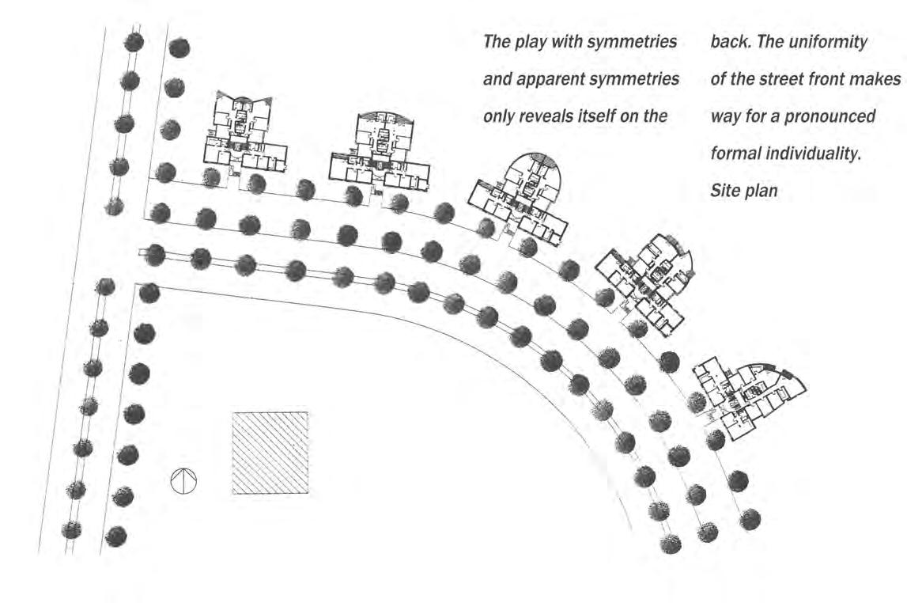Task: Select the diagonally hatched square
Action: click(x=270, y=453)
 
